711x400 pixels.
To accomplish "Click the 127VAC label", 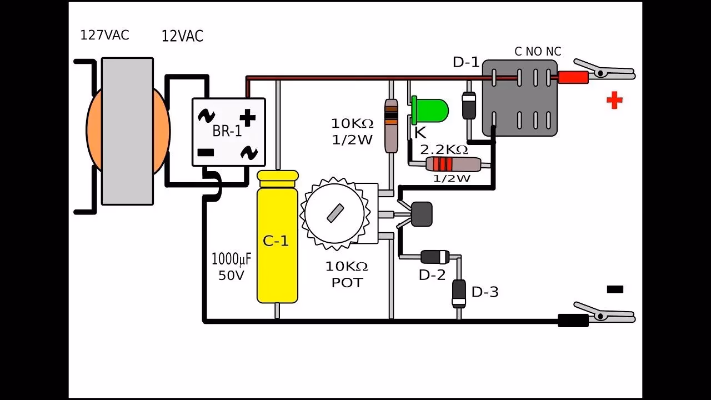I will [104, 35].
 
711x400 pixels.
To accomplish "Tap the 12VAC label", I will [182, 37].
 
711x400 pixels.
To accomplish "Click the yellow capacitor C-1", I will [277, 239].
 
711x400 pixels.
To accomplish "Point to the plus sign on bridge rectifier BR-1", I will [248, 117].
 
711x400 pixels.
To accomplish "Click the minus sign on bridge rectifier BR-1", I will [206, 152].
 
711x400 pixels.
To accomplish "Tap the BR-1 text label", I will [227, 132].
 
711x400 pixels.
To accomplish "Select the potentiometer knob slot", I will [334, 213].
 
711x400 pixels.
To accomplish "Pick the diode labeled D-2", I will [435, 257].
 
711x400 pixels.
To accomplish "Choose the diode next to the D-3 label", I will [459, 293].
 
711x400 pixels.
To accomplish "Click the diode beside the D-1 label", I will [469, 106].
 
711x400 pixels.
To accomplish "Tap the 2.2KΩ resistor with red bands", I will [453, 164].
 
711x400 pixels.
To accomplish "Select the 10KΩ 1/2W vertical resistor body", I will [392, 125].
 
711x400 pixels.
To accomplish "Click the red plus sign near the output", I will [614, 101].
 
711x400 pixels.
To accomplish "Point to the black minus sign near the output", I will [615, 289].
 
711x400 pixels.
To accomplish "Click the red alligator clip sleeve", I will [572, 77].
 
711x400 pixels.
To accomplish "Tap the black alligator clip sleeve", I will [573, 320].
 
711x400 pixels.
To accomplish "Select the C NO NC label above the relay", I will [538, 52].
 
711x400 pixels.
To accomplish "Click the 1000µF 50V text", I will [231, 267].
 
